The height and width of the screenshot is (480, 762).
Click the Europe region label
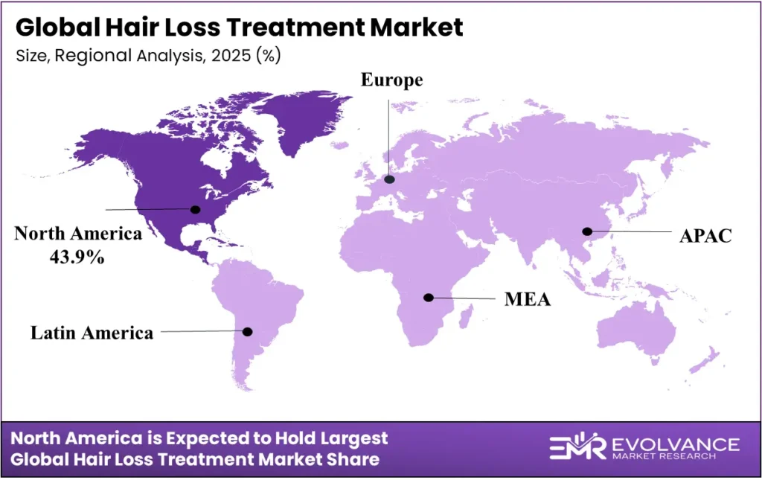[x=391, y=80]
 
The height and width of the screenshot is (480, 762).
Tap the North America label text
[x=78, y=234]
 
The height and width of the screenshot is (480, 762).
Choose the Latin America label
[x=92, y=333]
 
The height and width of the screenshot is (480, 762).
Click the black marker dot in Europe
[x=389, y=179]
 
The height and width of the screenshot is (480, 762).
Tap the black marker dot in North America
[x=196, y=209]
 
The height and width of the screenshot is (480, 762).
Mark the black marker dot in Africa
[x=429, y=298]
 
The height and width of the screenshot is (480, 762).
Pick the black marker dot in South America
[x=248, y=331]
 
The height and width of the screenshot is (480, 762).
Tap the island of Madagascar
[x=467, y=319]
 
